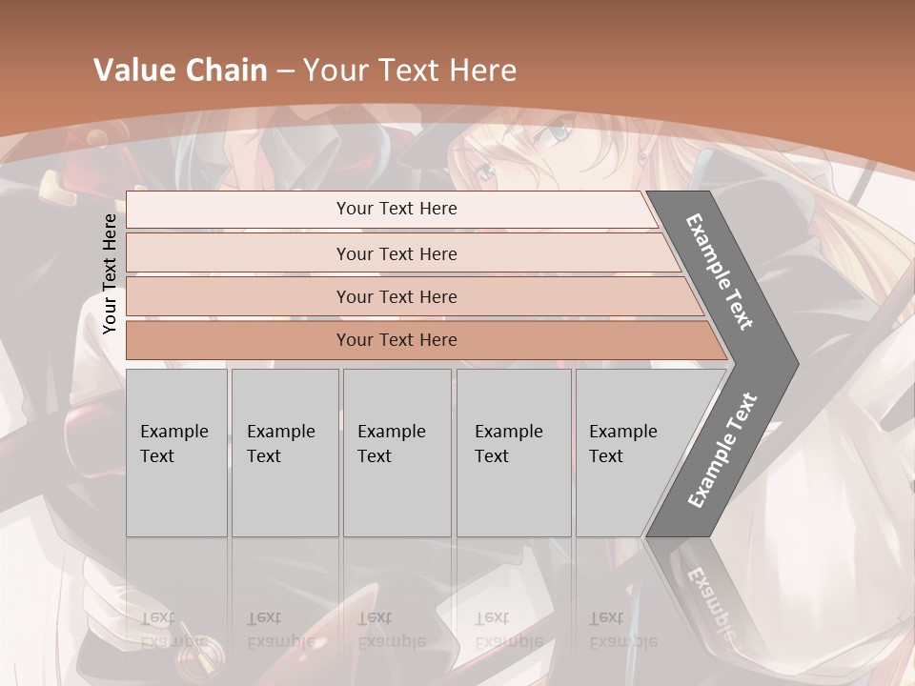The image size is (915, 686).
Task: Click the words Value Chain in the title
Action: pos(180,71)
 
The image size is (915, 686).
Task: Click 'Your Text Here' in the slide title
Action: pos(411,71)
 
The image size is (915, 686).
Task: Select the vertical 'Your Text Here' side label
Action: pos(110,273)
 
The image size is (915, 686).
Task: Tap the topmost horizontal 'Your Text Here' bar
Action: pos(396,209)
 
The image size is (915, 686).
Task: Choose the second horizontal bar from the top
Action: pos(396,253)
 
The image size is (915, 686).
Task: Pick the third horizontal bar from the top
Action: pos(396,296)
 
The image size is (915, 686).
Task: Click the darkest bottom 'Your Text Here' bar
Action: pos(396,340)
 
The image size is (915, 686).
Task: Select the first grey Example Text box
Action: pos(176,453)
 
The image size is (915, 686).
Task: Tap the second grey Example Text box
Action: pos(284,453)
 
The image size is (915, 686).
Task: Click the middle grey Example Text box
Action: pos(396,453)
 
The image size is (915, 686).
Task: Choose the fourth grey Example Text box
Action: pos(513,453)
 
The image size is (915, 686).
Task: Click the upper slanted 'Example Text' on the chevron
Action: pos(720,272)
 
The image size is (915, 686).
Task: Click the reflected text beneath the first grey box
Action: pos(173,629)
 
